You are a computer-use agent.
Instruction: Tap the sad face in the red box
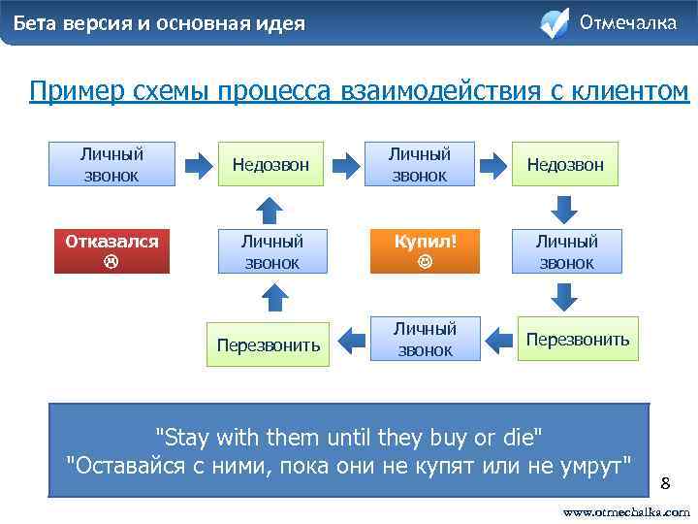pos(111,262)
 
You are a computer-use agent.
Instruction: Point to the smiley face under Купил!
pos(425,262)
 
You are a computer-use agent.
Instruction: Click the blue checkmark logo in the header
pos(554,22)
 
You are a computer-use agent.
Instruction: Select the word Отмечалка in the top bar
pos(628,22)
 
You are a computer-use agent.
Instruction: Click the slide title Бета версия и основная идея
pos(159,23)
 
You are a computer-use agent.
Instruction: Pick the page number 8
pos(665,482)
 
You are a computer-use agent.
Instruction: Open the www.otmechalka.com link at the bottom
pos(626,511)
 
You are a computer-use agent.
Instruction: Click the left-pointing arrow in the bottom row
pos(498,340)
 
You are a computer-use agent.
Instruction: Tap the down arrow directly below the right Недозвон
pos(566,208)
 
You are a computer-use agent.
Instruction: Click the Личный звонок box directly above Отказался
pos(111,164)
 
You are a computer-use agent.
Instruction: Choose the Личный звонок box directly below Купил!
pos(425,340)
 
